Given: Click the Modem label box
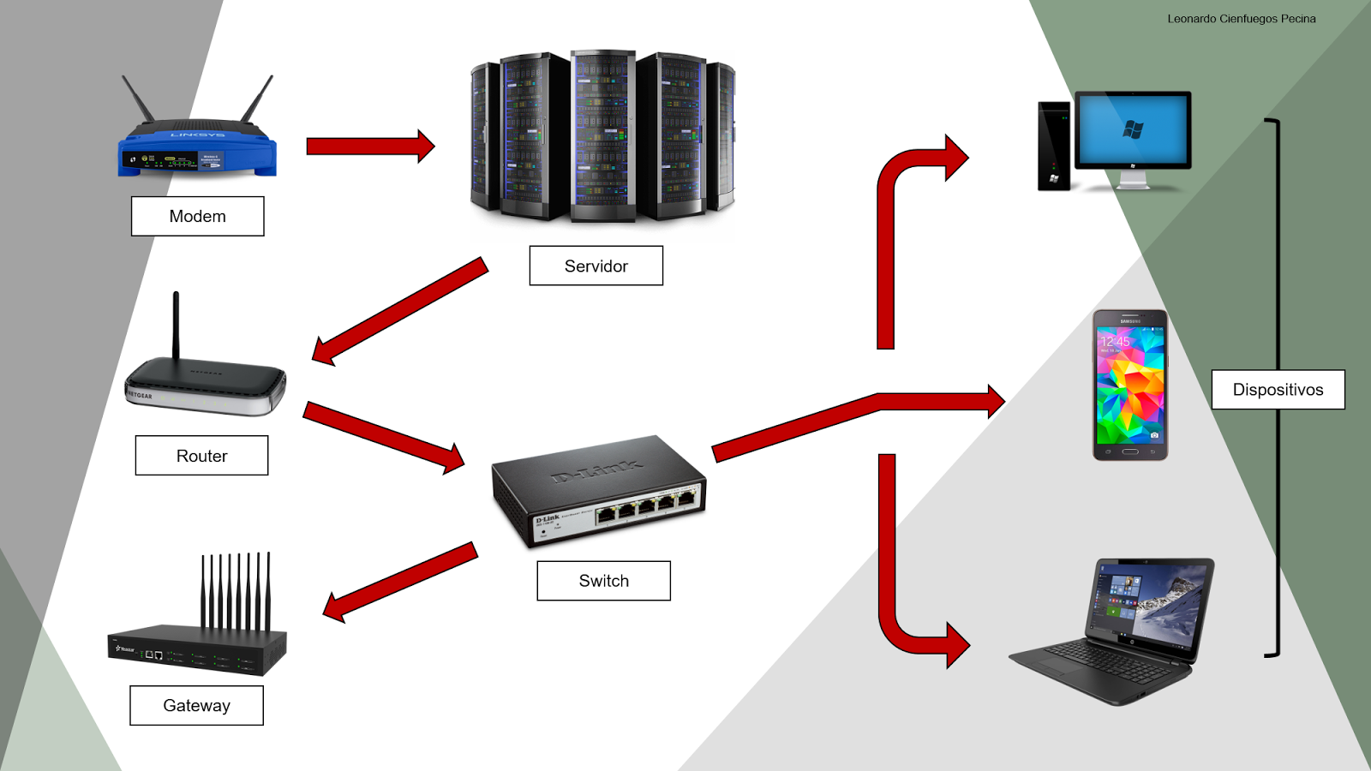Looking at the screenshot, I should [x=197, y=216].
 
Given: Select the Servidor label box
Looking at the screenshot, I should [x=596, y=266].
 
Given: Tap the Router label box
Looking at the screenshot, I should [x=201, y=456].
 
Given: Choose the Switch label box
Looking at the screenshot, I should [x=603, y=581].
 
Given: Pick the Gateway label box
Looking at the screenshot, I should [x=196, y=705].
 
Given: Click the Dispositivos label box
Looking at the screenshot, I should [x=1278, y=390].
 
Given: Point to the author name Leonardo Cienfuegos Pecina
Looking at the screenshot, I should [x=1241, y=19].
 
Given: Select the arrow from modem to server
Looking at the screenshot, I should [x=368, y=146].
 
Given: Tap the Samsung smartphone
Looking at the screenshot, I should [x=1130, y=385].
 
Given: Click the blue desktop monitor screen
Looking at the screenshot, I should [x=1133, y=129].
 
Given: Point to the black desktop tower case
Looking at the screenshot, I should [x=1054, y=146].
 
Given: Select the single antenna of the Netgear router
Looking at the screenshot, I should [x=176, y=326].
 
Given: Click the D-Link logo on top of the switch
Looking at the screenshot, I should [x=597, y=470].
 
